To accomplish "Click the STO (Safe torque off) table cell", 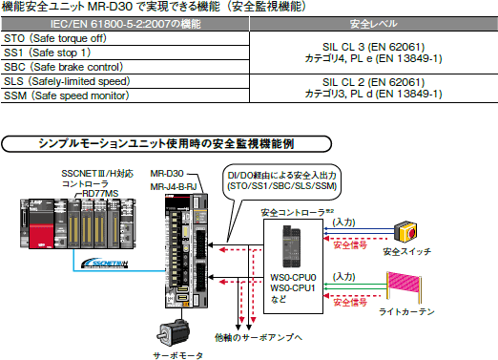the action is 125,38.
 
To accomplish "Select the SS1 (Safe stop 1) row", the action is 125,53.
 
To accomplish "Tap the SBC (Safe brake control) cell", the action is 125,67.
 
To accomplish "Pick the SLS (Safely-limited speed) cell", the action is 125,81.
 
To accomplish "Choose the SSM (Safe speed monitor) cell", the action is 125,95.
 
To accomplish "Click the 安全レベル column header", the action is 374,24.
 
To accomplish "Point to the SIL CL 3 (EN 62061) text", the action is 373,47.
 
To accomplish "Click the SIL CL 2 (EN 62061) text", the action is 373,82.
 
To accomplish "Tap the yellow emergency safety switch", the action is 405,232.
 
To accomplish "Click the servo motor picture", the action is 173,332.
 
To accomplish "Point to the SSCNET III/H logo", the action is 105,263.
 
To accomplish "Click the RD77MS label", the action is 100,193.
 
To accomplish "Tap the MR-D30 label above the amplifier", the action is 167,174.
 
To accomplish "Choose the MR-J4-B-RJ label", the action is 174,187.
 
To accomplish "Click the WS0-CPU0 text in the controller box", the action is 293,278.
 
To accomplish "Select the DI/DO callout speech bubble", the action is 282,182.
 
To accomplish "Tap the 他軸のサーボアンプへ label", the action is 259,337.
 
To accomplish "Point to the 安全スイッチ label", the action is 407,252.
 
